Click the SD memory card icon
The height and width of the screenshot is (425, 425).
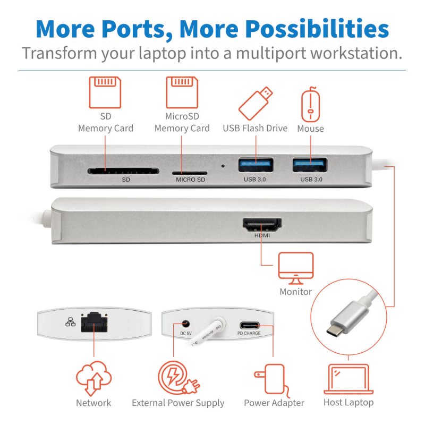tap(105, 92)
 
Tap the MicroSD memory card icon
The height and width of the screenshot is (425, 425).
tap(182, 92)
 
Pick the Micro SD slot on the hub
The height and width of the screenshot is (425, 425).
tap(189, 172)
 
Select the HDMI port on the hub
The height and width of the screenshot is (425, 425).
tap(262, 225)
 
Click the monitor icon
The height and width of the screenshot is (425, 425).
tap(296, 268)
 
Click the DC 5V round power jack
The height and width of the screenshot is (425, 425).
tap(185, 323)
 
